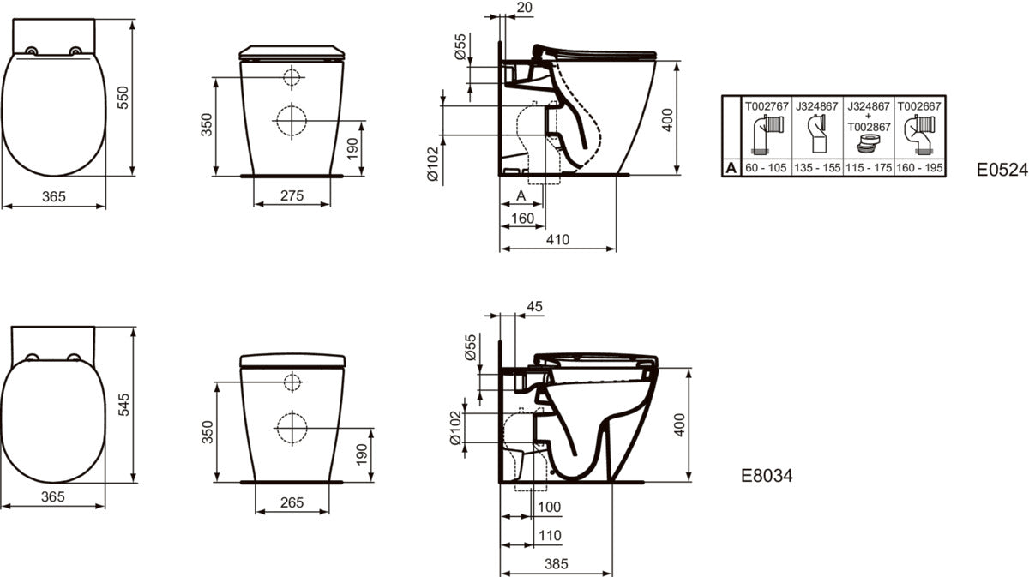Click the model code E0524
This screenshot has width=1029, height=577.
pos(1002,170)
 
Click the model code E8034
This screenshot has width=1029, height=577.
pos(767,476)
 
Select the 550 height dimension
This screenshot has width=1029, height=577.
pos(123,98)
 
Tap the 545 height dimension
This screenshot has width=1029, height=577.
pos(124,405)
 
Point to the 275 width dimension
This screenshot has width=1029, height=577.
pos(292,195)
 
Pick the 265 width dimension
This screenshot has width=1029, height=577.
pos(292,502)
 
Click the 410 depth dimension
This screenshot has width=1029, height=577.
pos(557,240)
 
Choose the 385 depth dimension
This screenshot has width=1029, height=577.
pos(557,563)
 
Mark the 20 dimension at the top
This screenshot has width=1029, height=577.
pos(524,8)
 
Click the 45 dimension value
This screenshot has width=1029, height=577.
pos(535,306)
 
